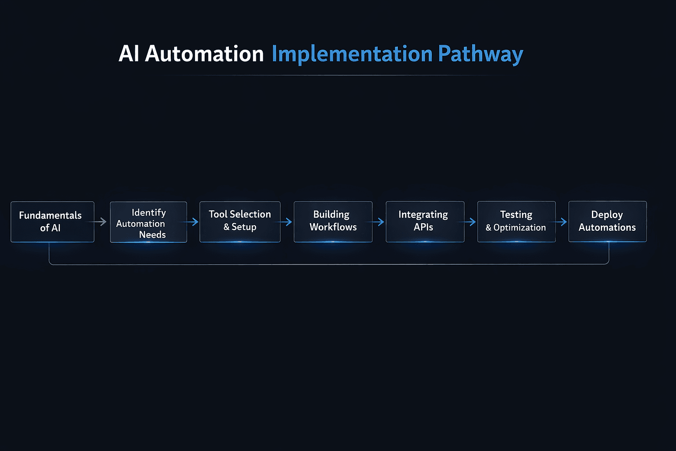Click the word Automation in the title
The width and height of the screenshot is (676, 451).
point(204,54)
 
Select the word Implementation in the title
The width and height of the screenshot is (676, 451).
point(352,54)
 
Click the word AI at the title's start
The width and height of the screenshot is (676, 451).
point(129,54)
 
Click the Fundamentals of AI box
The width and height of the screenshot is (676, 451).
point(52,222)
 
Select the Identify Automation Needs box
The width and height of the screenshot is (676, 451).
point(148,222)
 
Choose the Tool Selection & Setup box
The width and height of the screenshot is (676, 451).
point(240,222)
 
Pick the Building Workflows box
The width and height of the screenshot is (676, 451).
point(333,222)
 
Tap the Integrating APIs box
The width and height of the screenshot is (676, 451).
point(425,222)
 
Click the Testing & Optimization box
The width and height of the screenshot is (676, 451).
point(516,222)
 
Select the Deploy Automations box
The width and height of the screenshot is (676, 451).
point(607,222)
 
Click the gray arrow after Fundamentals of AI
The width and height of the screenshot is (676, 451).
point(102,222)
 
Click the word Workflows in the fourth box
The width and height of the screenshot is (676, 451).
point(333,227)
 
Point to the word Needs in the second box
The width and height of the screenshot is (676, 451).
point(152,235)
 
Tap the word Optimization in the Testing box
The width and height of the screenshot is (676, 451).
point(519,228)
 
